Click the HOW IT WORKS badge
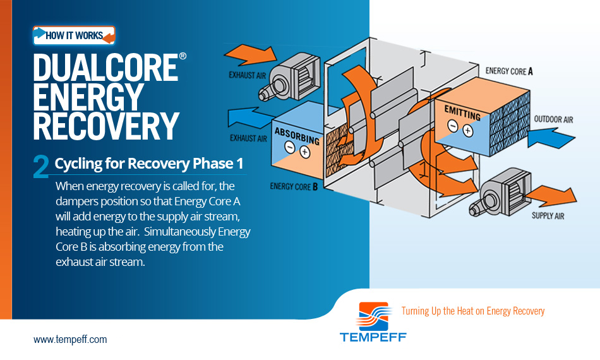pos(75,35)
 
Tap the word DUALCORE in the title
pos(105,68)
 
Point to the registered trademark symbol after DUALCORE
pos(183,56)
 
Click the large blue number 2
pos(41,166)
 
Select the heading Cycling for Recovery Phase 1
pos(149,164)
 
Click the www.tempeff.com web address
pos(70,339)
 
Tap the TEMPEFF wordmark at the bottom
pos(373,337)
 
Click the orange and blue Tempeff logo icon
pos(375,316)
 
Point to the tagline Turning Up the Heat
pos(473,311)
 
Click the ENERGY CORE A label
pos(509,71)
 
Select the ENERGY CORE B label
pos(294,187)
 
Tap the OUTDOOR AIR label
pos(553,119)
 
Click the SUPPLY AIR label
pos(548,216)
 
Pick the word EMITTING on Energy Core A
pos(462,113)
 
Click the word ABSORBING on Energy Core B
pos(297,136)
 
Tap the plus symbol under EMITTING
pos(467,131)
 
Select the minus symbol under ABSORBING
pos(290,147)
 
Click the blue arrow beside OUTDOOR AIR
pos(551,138)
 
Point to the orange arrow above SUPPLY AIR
pos(552,196)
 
